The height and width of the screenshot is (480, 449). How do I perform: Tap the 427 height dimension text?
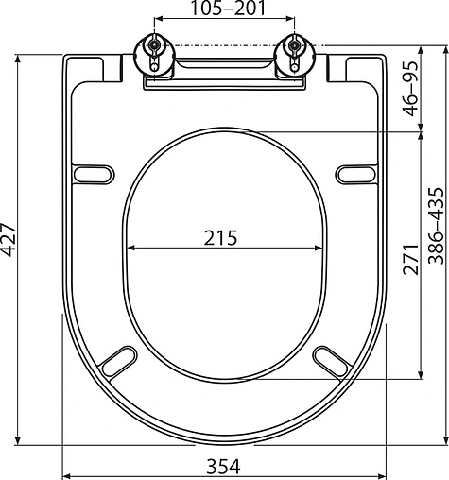pos(8,240)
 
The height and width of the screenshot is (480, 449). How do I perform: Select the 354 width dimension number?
pos(223,467)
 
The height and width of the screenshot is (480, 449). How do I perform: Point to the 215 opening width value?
pos(220,238)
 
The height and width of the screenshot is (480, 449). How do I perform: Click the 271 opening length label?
pos(410,259)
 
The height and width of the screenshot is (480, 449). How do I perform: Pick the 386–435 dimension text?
pos(437,226)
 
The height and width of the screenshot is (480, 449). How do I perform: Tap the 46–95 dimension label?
pos(411,89)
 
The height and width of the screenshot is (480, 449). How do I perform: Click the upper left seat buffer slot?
pos(94,175)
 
